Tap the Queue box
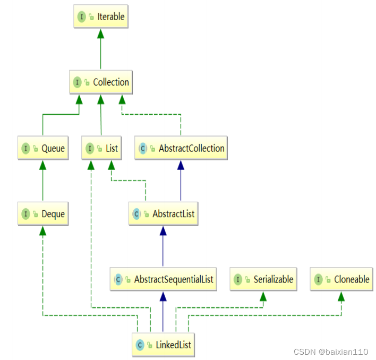(x=43, y=149)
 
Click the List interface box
(x=101, y=149)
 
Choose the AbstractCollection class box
(x=181, y=149)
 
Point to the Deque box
(x=43, y=215)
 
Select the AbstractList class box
(x=163, y=215)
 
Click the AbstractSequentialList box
(x=163, y=279)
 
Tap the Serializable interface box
(x=263, y=279)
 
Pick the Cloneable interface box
(x=342, y=279)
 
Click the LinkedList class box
(x=163, y=345)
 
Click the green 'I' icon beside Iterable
(x=82, y=17)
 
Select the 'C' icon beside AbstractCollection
(x=143, y=149)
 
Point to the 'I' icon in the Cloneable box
(x=318, y=279)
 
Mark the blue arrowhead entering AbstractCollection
(x=181, y=164)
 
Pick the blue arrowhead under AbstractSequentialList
(x=163, y=295)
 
